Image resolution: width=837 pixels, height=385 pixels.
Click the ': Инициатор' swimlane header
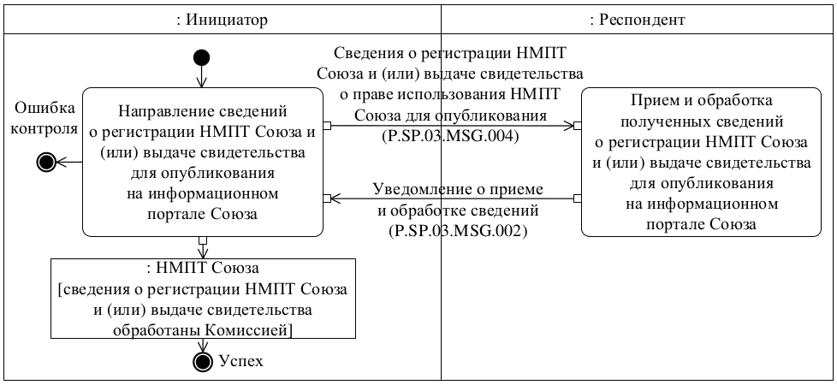click(x=222, y=19)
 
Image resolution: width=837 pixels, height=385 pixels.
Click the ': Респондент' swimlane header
click(x=638, y=19)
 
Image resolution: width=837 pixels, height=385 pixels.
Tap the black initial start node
click(x=201, y=57)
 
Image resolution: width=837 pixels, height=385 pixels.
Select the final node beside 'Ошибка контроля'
click(x=48, y=161)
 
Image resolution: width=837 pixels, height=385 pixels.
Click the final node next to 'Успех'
click(x=202, y=361)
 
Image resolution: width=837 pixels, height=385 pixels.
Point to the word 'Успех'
click(x=241, y=361)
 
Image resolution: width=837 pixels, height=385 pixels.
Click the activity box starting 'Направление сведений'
click(x=203, y=162)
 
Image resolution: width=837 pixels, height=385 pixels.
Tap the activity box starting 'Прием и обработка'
click(x=705, y=162)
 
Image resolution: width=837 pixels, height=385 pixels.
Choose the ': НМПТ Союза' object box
click(x=203, y=297)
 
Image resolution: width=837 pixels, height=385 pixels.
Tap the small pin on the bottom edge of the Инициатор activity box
click(x=202, y=240)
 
